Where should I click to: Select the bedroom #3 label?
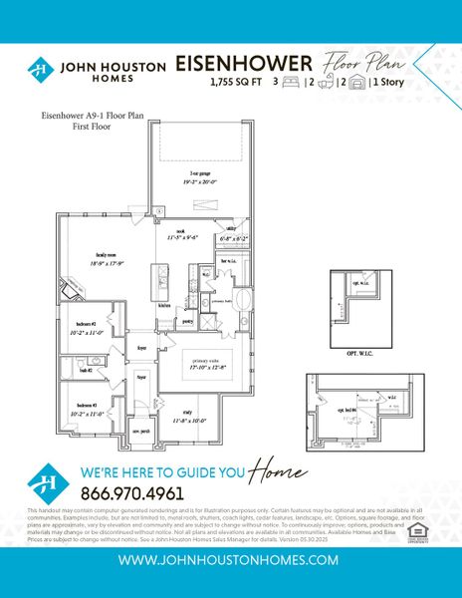click(x=87, y=406)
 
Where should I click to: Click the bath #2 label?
click(x=84, y=370)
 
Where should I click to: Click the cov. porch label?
click(x=141, y=431)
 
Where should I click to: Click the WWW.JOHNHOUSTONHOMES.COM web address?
click(x=231, y=562)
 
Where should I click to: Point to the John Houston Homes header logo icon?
click(x=42, y=70)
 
